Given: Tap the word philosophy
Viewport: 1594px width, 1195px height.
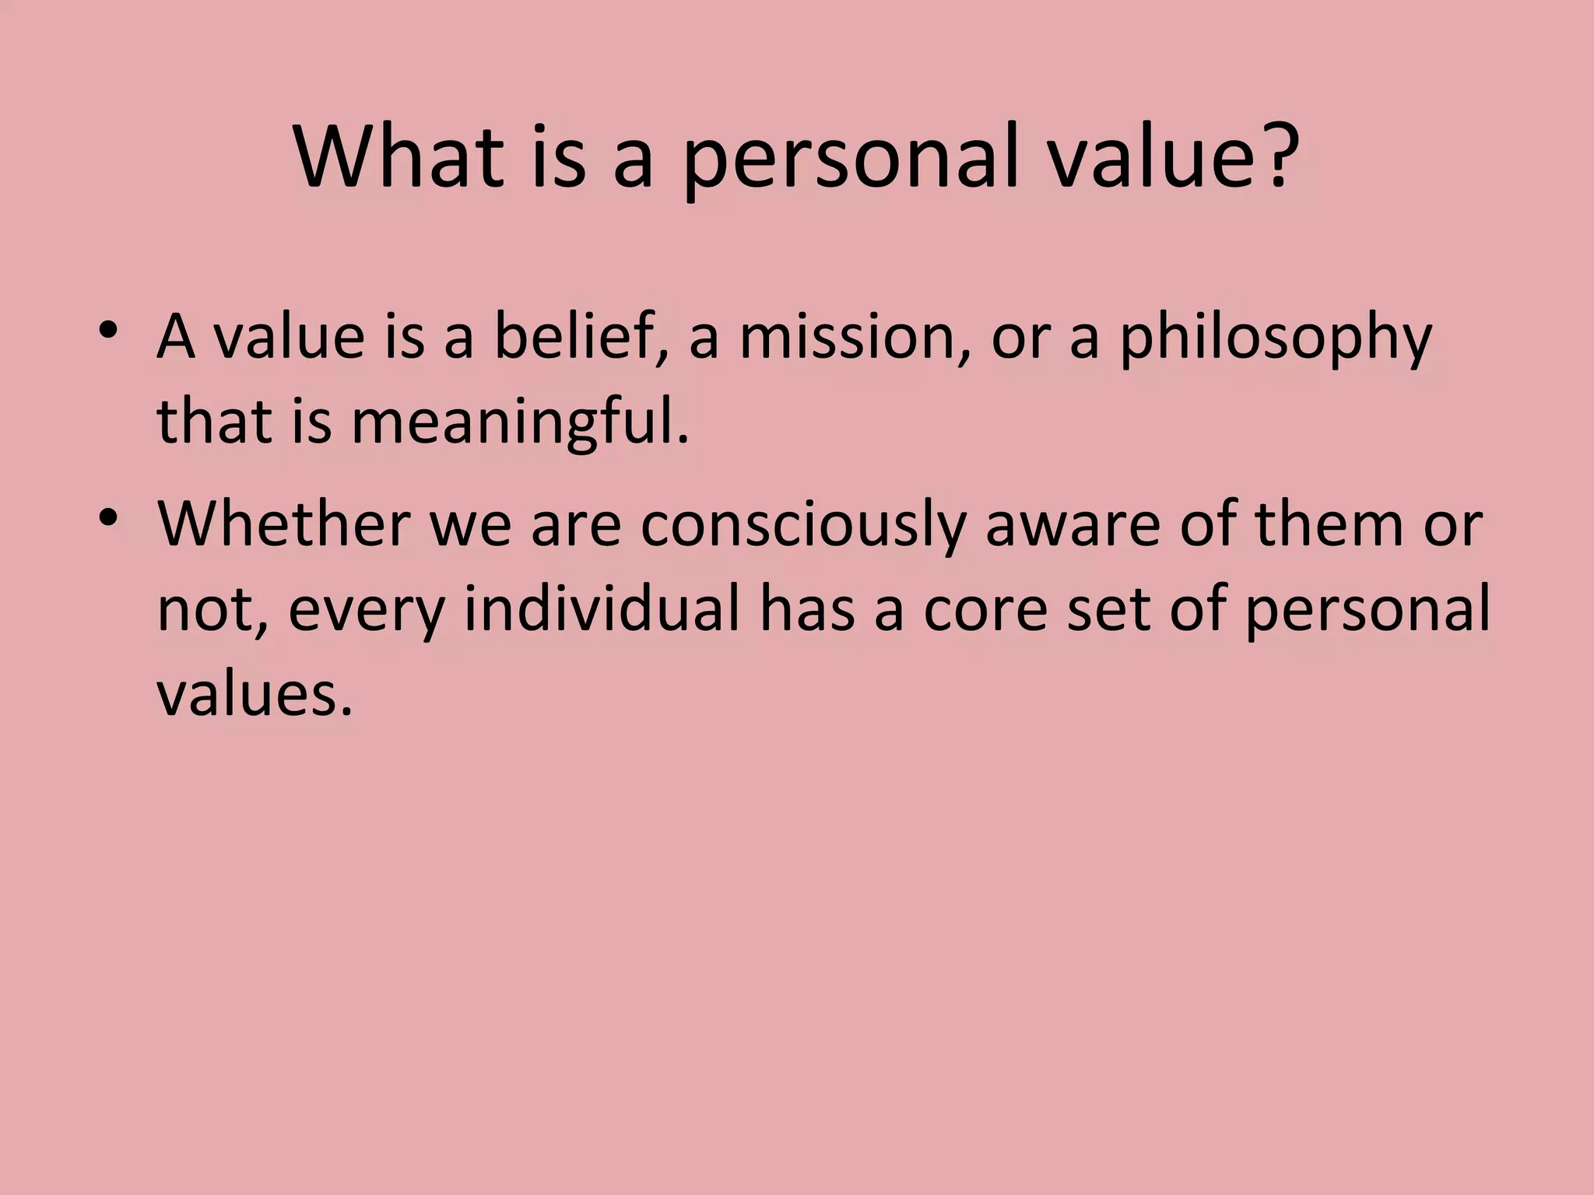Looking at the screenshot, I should coord(1275,342).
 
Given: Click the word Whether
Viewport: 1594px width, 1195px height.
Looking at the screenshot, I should coord(284,524).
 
